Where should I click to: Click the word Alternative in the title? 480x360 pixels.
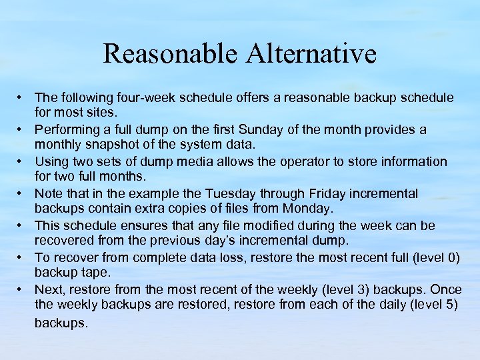click(x=311, y=54)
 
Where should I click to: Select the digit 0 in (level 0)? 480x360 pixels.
click(x=451, y=257)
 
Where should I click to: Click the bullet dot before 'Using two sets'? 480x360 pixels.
click(x=21, y=161)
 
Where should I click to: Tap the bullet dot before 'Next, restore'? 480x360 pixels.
click(x=21, y=289)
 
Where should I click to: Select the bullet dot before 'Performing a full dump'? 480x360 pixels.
click(x=21, y=129)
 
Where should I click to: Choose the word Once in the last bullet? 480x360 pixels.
click(x=446, y=289)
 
